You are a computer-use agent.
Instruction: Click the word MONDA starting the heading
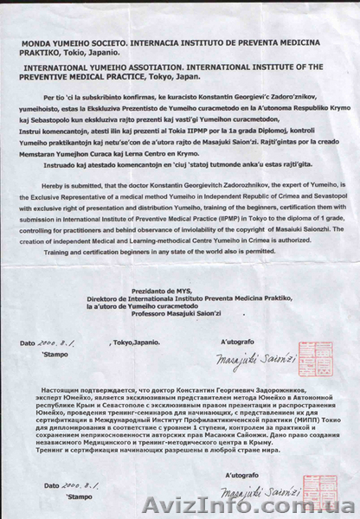(x=52, y=40)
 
